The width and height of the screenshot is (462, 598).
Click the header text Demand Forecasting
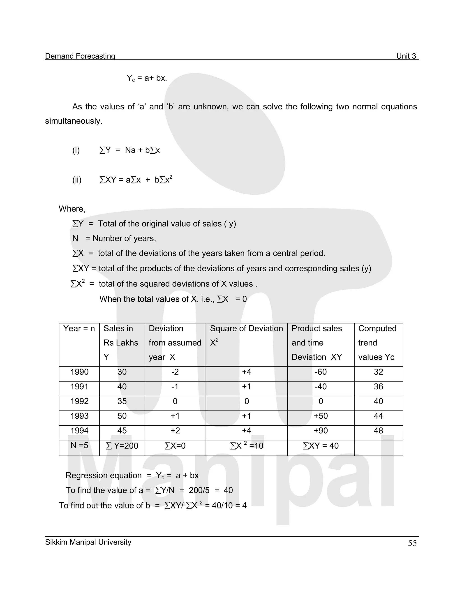coord(80,56)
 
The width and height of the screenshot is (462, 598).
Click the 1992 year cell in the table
coord(79,401)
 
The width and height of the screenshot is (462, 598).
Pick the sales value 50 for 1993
coord(122,416)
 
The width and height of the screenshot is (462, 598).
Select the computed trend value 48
coord(378,431)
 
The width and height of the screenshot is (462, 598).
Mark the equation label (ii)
coord(77,180)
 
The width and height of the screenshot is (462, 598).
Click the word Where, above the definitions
coord(72,209)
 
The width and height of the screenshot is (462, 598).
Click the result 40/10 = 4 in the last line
coord(229,506)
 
